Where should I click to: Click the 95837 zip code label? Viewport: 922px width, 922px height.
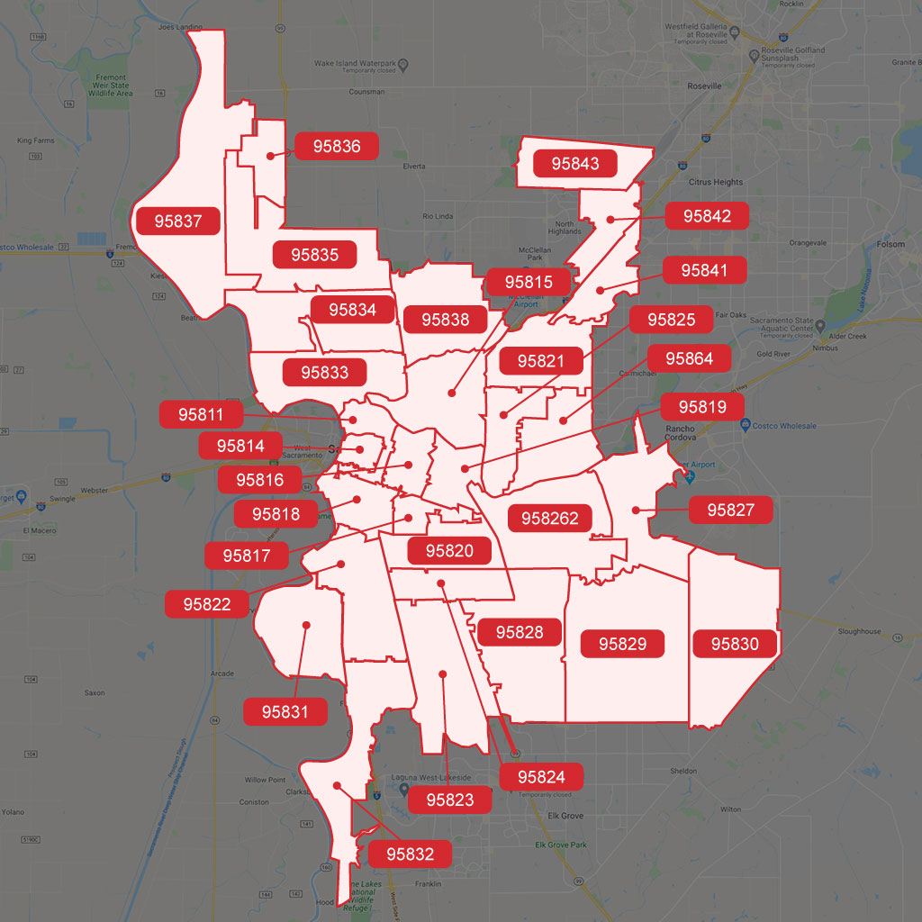coord(178,220)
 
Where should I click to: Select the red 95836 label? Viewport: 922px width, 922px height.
coord(337,146)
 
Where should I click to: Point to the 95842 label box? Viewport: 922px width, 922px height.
coord(707,216)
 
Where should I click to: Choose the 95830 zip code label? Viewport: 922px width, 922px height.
coord(735,644)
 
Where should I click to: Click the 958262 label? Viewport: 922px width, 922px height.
coord(549,519)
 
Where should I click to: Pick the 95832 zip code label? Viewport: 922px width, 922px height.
coord(411,854)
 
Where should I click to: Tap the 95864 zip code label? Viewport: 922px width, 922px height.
coord(690,358)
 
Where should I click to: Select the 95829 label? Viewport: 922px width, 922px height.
coord(622,644)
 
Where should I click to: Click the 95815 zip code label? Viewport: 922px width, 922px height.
coord(529,283)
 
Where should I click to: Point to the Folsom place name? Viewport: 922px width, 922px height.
coord(891,245)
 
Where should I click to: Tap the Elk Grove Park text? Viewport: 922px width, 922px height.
coord(561,845)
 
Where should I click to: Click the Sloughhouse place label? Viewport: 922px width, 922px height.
coord(859,631)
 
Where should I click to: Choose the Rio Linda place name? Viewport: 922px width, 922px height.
coord(438,216)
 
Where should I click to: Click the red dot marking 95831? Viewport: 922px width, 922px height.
coord(306,624)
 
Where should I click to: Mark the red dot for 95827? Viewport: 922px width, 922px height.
coord(636,511)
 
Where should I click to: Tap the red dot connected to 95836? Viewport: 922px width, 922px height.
coord(270,156)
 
